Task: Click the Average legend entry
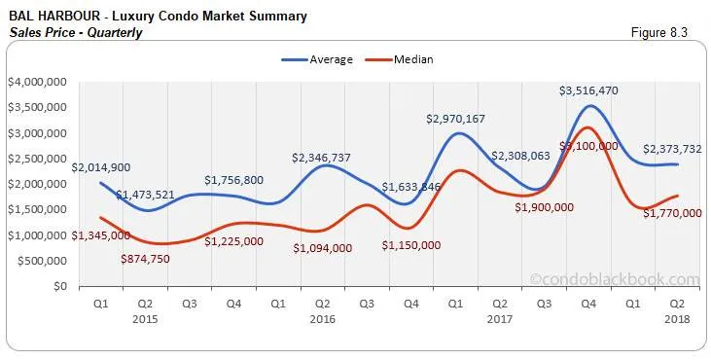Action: coord(324,59)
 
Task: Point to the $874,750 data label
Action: coord(153,258)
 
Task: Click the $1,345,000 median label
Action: coord(101,234)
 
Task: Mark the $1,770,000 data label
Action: coord(672,213)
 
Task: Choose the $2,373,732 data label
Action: coord(672,149)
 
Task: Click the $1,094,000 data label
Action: coord(322,248)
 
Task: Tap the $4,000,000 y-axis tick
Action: coord(37,82)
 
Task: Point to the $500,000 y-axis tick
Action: coord(41,261)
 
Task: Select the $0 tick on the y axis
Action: coord(59,286)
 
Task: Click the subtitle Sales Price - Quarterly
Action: coord(75,33)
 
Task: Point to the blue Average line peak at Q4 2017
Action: coord(588,106)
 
